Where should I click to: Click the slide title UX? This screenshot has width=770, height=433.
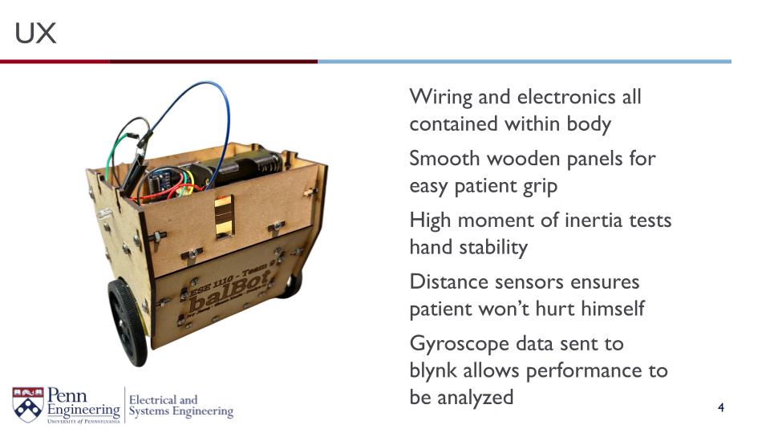click(x=35, y=34)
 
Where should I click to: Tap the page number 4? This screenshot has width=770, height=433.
click(x=721, y=409)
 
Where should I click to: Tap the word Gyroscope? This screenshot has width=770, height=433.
click(x=458, y=343)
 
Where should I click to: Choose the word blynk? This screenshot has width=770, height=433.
click(x=434, y=370)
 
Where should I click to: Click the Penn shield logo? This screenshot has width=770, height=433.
click(x=27, y=403)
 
